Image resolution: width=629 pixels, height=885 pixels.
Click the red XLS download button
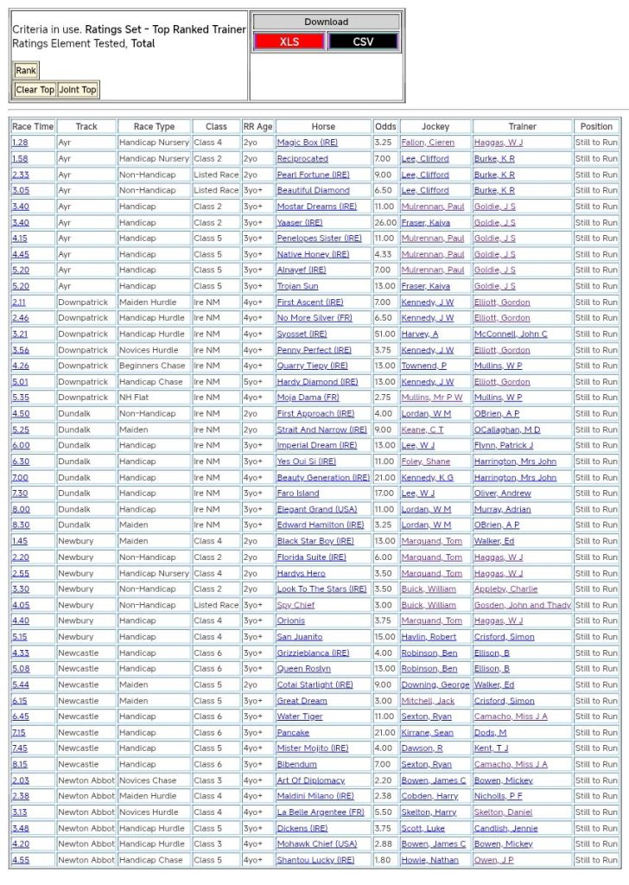click(x=289, y=41)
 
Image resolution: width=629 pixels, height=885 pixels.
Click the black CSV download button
click(x=363, y=41)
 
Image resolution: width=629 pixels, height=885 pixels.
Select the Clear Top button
click(x=35, y=90)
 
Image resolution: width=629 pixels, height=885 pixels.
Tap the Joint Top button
click(x=78, y=90)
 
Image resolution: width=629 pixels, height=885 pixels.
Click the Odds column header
click(x=385, y=126)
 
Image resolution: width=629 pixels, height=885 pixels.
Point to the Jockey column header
click(x=435, y=126)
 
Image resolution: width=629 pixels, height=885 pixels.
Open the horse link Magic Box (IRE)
click(x=307, y=143)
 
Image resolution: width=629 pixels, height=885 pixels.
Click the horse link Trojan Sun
click(x=297, y=286)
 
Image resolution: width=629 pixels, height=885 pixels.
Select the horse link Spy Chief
click(x=295, y=605)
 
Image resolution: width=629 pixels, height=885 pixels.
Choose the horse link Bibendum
click(x=297, y=764)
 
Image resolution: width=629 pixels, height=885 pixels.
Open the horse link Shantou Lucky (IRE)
click(x=315, y=860)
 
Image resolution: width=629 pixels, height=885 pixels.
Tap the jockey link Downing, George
click(x=435, y=684)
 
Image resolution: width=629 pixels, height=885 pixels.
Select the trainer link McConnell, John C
click(x=511, y=334)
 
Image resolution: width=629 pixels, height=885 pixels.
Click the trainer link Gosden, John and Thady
click(x=522, y=605)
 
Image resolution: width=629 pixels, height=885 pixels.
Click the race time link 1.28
click(x=20, y=143)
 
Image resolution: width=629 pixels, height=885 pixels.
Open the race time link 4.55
click(x=20, y=860)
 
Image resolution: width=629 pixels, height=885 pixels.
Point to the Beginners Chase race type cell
click(x=153, y=366)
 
